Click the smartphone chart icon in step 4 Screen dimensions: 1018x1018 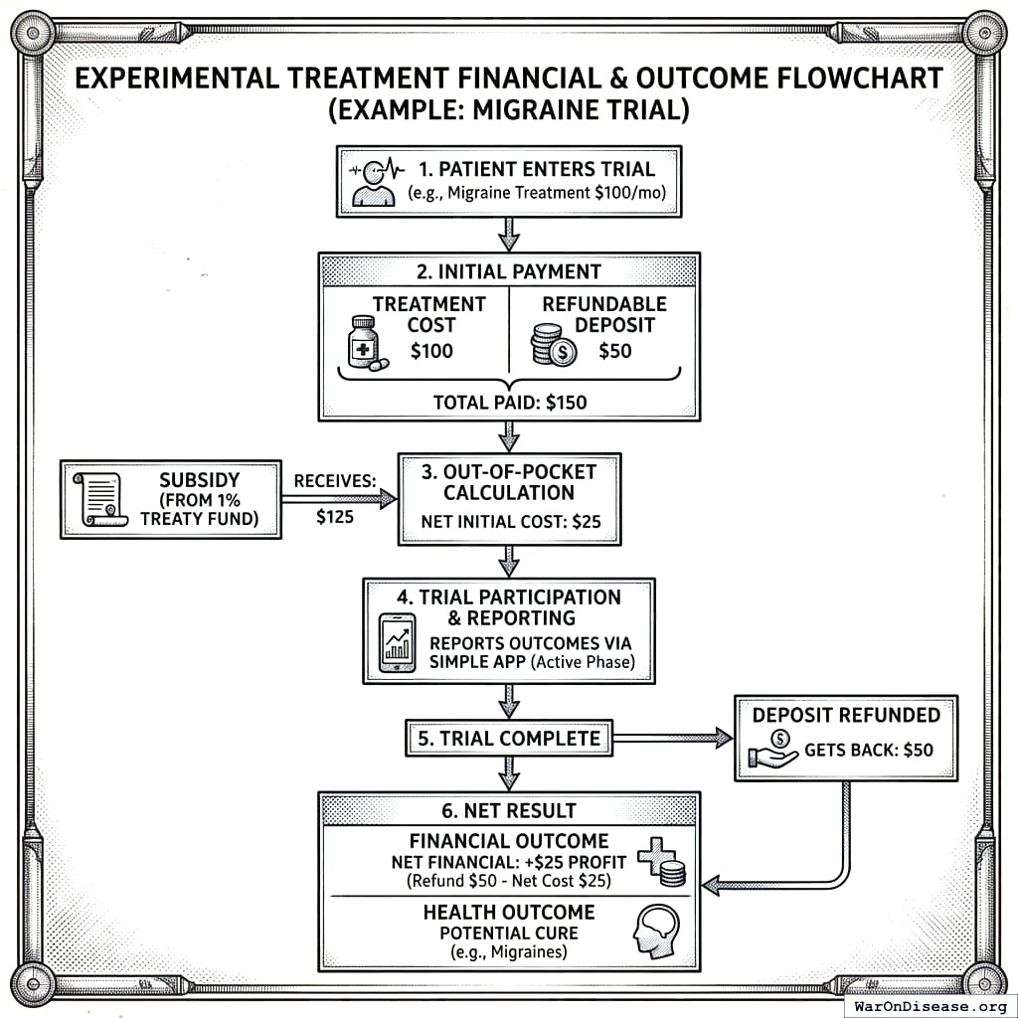[x=398, y=643]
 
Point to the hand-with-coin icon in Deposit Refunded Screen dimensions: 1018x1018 [x=775, y=747]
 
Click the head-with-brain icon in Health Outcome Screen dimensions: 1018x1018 [x=656, y=929]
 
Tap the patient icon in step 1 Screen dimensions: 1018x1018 [x=375, y=181]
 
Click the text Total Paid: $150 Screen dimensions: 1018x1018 [x=509, y=402]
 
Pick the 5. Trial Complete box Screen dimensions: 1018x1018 [x=508, y=738]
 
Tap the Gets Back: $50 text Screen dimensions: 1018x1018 [x=868, y=750]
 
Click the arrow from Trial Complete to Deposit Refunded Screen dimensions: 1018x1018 [x=671, y=738]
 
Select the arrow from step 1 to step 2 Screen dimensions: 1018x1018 [x=509, y=235]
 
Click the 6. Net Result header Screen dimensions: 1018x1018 [x=509, y=811]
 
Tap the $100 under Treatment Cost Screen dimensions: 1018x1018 [x=430, y=350]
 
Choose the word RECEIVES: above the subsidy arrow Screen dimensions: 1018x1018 [x=334, y=480]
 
